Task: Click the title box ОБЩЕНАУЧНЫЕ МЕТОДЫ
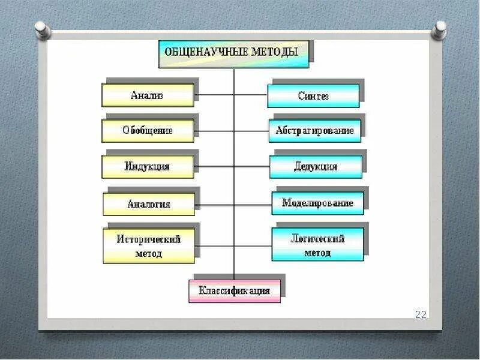pos(234,53)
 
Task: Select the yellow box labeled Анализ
pos(148,95)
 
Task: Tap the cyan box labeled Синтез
pos(313,96)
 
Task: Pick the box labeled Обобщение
pos(148,131)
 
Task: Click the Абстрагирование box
pos(314,131)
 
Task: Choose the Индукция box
pos(148,167)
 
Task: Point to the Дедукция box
pos(316,167)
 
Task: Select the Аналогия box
pos(149,204)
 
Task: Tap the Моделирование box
pos(317,203)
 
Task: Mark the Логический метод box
pos(317,245)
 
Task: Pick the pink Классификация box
pos(235,291)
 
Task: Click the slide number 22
pos(421,314)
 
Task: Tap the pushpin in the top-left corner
pos(41,28)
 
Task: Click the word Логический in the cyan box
pos(317,239)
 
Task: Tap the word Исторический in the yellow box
pos(149,239)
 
